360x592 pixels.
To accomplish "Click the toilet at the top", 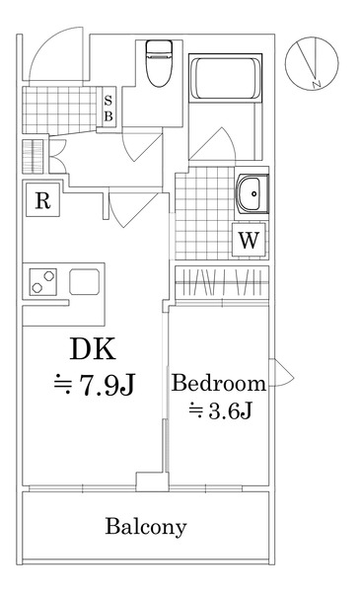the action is click(159, 63).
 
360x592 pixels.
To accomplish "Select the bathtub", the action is click(225, 78).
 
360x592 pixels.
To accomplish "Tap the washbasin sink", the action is click(252, 193).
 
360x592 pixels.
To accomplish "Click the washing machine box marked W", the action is click(250, 240).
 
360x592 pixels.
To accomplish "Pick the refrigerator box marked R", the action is click(42, 200).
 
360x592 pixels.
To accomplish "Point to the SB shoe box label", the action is click(108, 109).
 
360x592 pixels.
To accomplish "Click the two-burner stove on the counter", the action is click(42, 281).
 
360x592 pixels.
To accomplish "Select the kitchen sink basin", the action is click(85, 281).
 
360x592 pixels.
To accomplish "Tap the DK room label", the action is click(93, 349).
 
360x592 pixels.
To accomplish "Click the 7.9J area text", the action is click(95, 385).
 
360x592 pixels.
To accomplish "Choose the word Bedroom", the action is click(219, 383).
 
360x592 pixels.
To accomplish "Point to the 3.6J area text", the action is click(221, 410).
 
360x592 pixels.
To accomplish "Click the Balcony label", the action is click(146, 526).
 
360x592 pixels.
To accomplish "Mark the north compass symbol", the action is click(312, 63).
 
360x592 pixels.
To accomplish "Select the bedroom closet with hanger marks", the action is click(222, 283).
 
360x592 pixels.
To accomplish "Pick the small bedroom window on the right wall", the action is click(281, 373).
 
